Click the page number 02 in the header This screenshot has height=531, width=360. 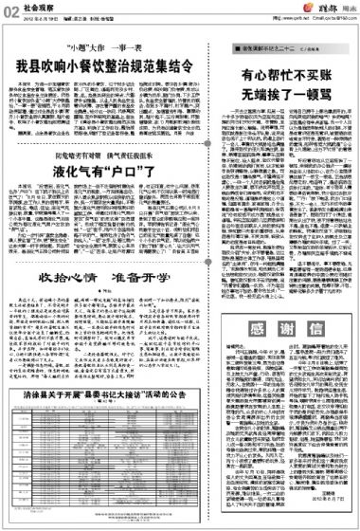tap(9, 9)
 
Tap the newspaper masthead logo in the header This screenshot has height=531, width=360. tap(330, 10)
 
